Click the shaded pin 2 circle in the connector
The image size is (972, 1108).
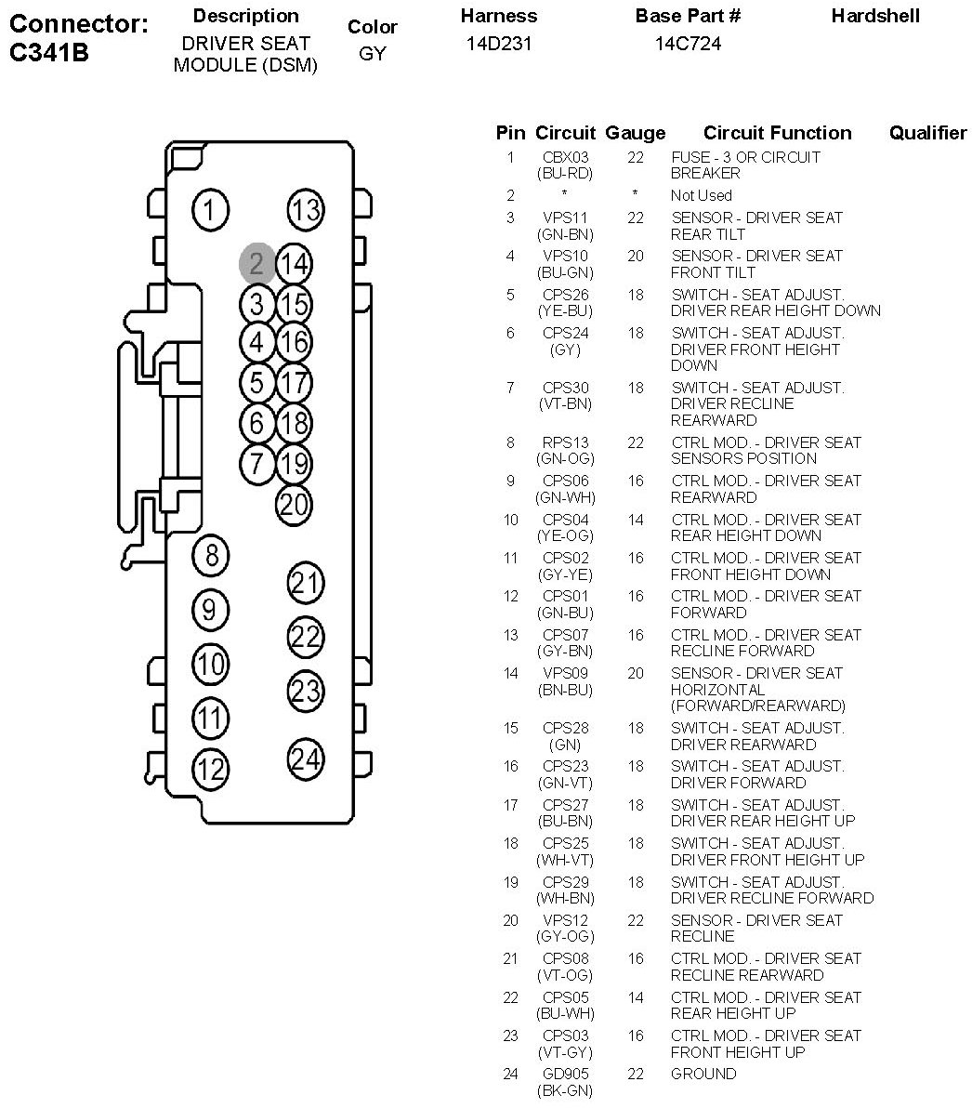tap(256, 264)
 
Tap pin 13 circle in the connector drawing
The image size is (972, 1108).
tap(306, 209)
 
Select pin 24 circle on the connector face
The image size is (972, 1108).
tap(306, 758)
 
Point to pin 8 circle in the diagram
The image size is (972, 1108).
tap(211, 555)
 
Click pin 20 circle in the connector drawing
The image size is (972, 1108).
tap(293, 505)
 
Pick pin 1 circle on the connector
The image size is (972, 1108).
tap(211, 209)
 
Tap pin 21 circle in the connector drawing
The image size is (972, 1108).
tap(306, 583)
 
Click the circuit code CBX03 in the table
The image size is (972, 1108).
tap(565, 157)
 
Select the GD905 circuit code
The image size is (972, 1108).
tap(565, 1074)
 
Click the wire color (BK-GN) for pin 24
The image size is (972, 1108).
tap(565, 1090)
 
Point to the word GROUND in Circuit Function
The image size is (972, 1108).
tap(703, 1074)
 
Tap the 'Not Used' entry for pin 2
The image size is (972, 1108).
tap(702, 195)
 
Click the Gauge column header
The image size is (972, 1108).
tap(636, 133)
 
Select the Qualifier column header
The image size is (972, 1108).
tap(927, 133)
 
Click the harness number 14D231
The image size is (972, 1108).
tap(499, 44)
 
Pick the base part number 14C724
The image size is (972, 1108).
tap(688, 44)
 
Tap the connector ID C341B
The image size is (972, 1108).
tap(48, 52)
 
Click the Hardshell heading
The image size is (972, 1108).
tap(875, 16)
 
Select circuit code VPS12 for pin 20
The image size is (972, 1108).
tap(565, 920)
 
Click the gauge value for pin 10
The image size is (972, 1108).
tap(636, 520)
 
